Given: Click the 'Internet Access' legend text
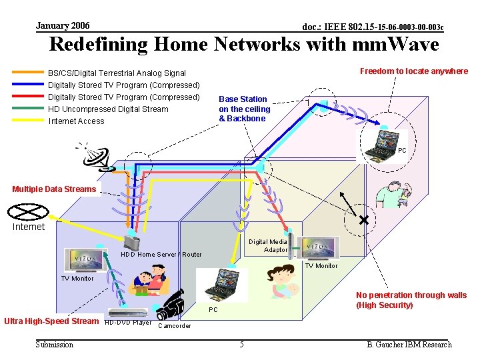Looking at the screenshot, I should [x=77, y=121].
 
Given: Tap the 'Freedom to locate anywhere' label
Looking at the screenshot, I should [x=413, y=71].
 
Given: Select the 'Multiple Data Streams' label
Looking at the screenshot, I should [x=54, y=189].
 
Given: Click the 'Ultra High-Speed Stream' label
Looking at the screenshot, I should [x=51, y=321].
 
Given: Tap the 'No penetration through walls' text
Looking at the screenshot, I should [x=411, y=295].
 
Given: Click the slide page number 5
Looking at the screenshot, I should [x=241, y=345].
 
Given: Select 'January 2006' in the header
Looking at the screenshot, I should [x=63, y=26].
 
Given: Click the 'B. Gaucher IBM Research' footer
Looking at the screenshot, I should [x=409, y=345].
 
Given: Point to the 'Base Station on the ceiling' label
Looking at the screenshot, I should [x=244, y=109].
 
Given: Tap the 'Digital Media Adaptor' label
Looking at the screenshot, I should [x=268, y=246].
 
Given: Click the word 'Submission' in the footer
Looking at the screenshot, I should [x=55, y=345].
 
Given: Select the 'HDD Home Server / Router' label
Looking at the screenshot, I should [x=161, y=255].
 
